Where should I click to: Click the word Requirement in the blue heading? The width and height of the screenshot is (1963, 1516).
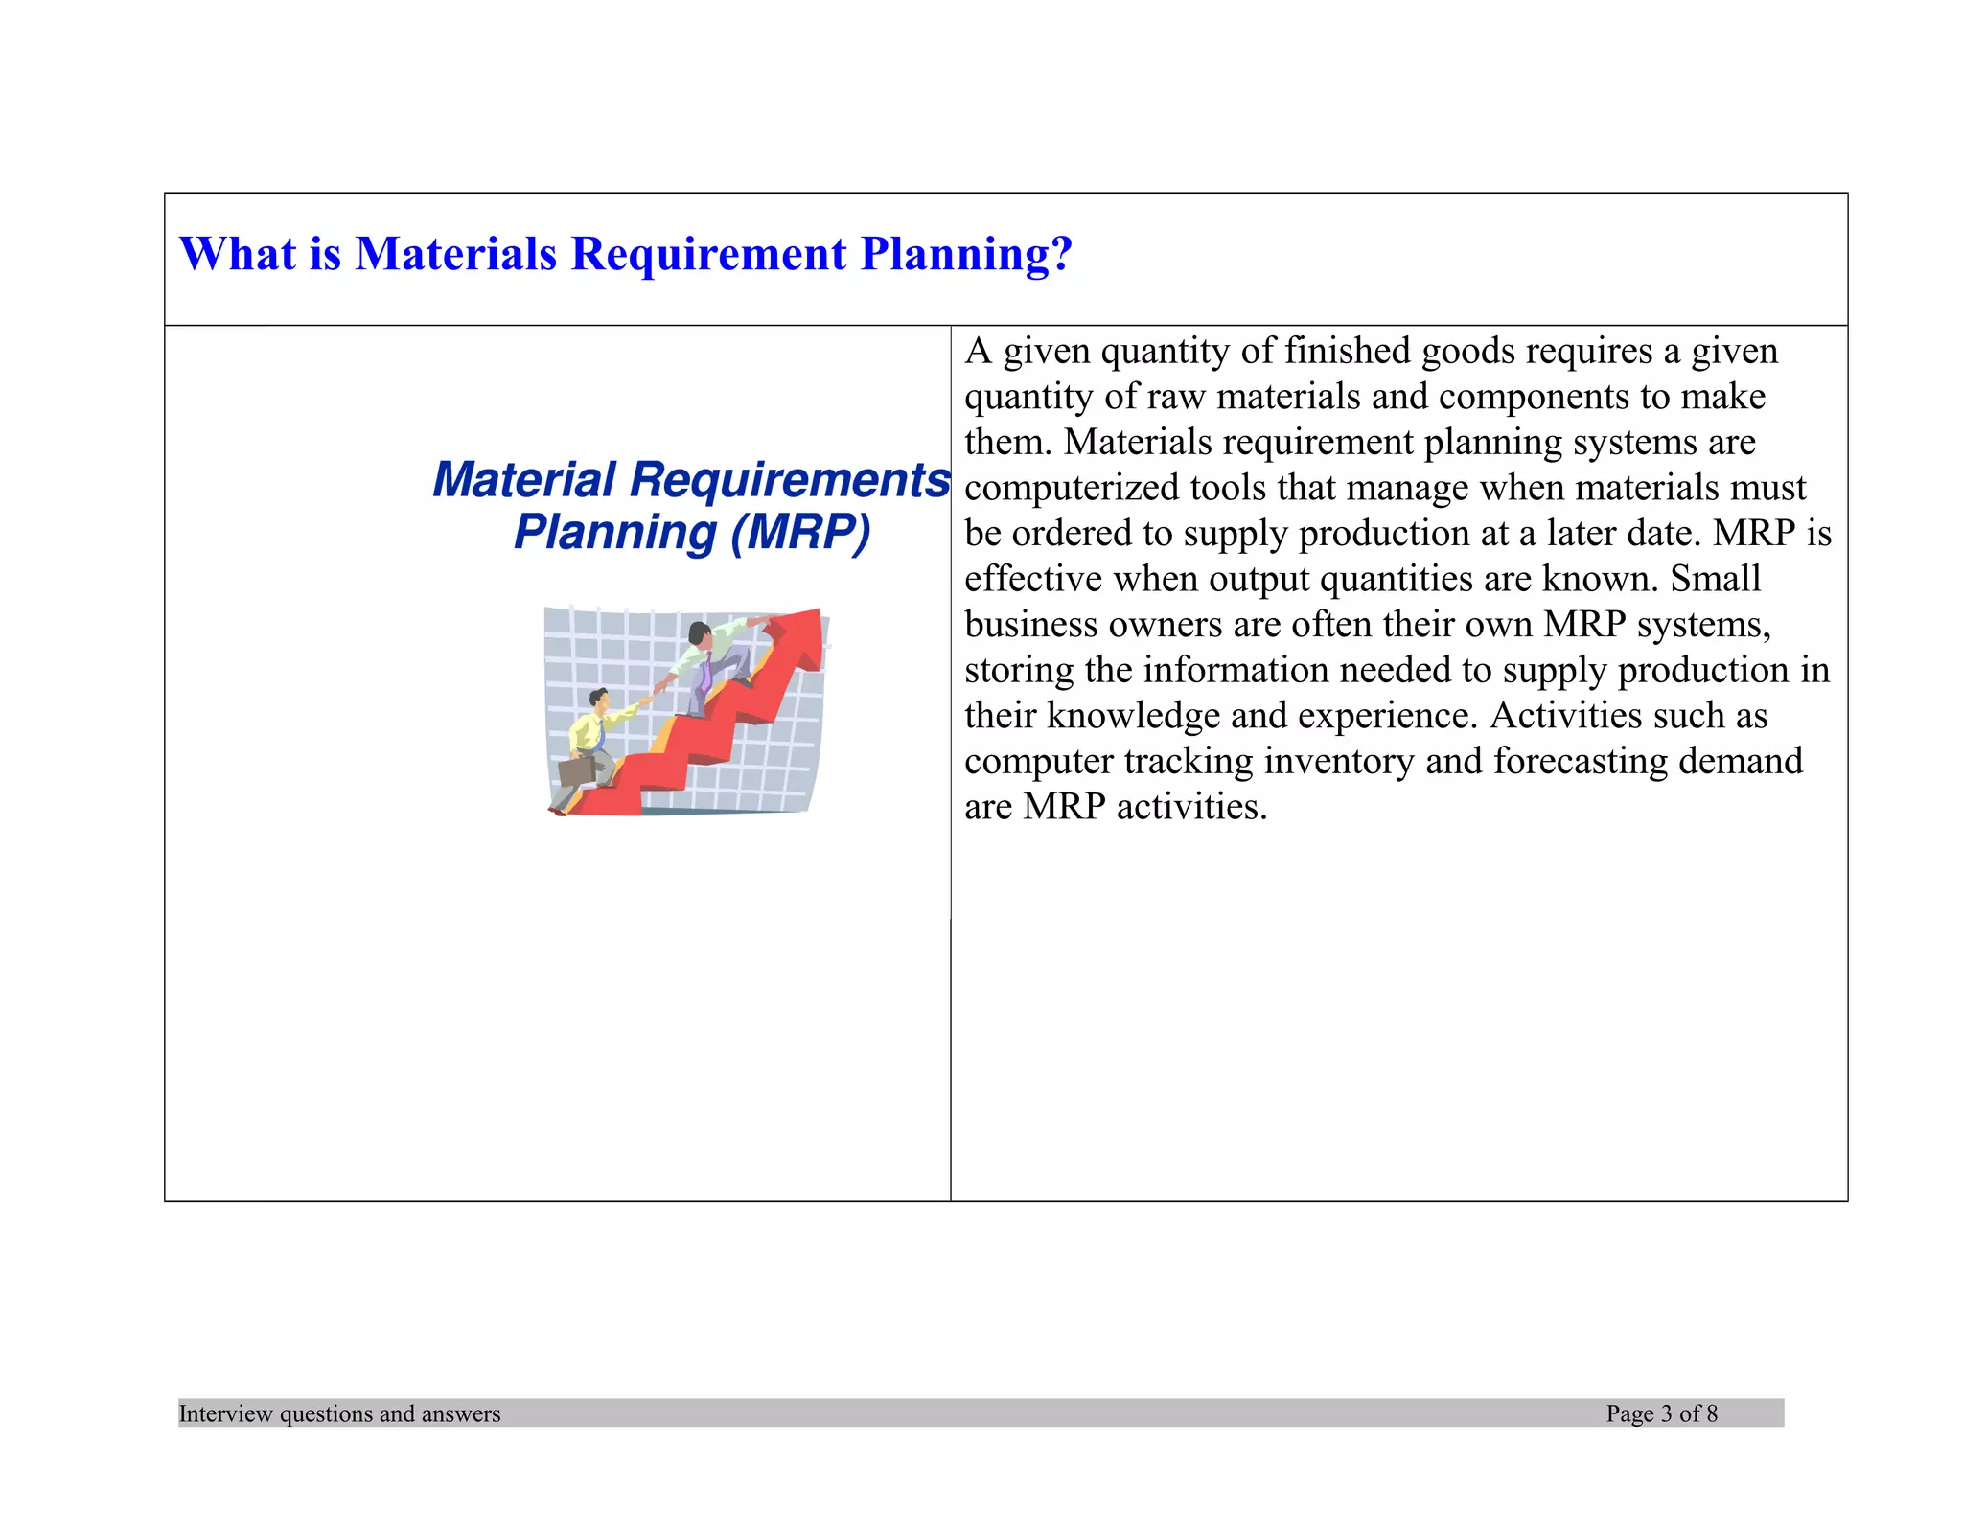pyautogui.click(x=708, y=254)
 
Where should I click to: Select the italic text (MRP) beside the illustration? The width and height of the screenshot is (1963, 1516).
pyautogui.click(x=800, y=533)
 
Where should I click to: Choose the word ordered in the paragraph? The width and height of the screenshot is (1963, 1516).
pyautogui.click(x=1073, y=534)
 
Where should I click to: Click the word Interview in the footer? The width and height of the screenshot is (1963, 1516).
pyautogui.click(x=225, y=1413)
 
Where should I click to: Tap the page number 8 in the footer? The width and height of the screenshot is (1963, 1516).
pyautogui.click(x=1712, y=1413)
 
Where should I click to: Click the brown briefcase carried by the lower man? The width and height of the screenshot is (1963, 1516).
pyautogui.click(x=577, y=770)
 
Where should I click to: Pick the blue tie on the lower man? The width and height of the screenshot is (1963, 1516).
pyautogui.click(x=597, y=735)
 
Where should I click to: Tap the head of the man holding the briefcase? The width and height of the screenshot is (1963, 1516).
pyautogui.click(x=599, y=700)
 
